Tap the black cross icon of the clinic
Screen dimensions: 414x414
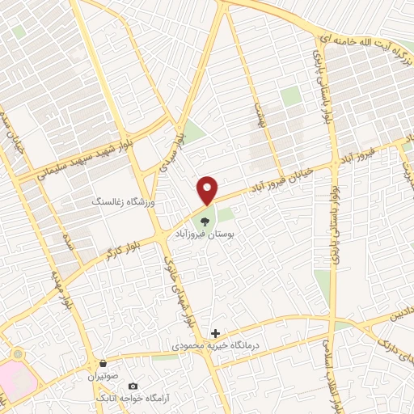(x=215, y=332)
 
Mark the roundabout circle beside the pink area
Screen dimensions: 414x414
(x=17, y=355)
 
